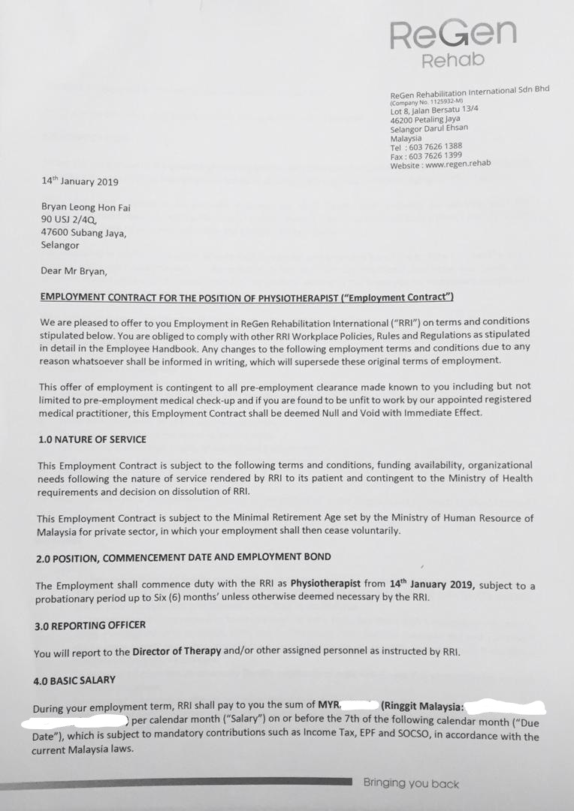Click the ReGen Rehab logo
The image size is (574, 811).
click(x=452, y=41)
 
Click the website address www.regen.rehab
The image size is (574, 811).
click(x=458, y=164)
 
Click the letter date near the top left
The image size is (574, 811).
click(x=80, y=181)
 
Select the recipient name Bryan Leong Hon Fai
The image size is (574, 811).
click(x=86, y=207)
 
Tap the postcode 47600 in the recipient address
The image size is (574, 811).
click(x=54, y=233)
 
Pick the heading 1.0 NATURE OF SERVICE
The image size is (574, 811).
click(x=92, y=439)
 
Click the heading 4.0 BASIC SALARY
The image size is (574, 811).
click(x=74, y=680)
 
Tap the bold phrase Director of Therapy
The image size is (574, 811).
click(x=177, y=651)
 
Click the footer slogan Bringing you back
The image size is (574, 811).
click(x=411, y=784)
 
